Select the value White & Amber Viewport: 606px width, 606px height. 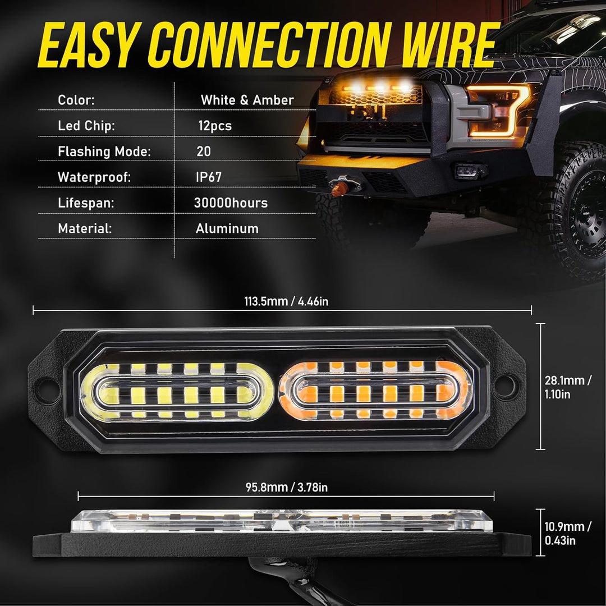tap(247, 100)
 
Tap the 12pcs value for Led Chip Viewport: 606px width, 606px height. tap(214, 126)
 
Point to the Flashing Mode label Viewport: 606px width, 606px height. tap(104, 151)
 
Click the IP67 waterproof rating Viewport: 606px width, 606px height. tap(209, 177)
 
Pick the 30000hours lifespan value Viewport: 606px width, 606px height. tap(231, 203)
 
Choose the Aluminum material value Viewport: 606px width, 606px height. tap(227, 229)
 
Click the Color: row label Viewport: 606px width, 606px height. tap(76, 100)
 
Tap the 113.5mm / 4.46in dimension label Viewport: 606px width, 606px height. tap(286, 301)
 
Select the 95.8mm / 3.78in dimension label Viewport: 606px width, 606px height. tap(286, 488)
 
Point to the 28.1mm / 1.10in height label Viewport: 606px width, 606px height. tap(567, 387)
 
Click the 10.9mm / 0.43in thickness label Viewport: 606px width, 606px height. tap(567, 534)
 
